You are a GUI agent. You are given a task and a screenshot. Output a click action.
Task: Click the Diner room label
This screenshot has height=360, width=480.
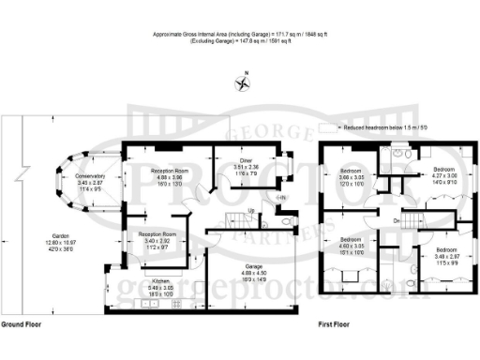coord(246,160)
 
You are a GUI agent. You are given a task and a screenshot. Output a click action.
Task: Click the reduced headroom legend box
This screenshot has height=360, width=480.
coord(326,127)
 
